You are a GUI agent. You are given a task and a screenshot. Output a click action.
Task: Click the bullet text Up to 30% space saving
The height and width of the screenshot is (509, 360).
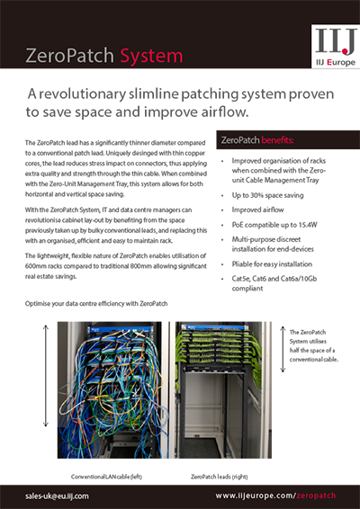click(273, 194)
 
